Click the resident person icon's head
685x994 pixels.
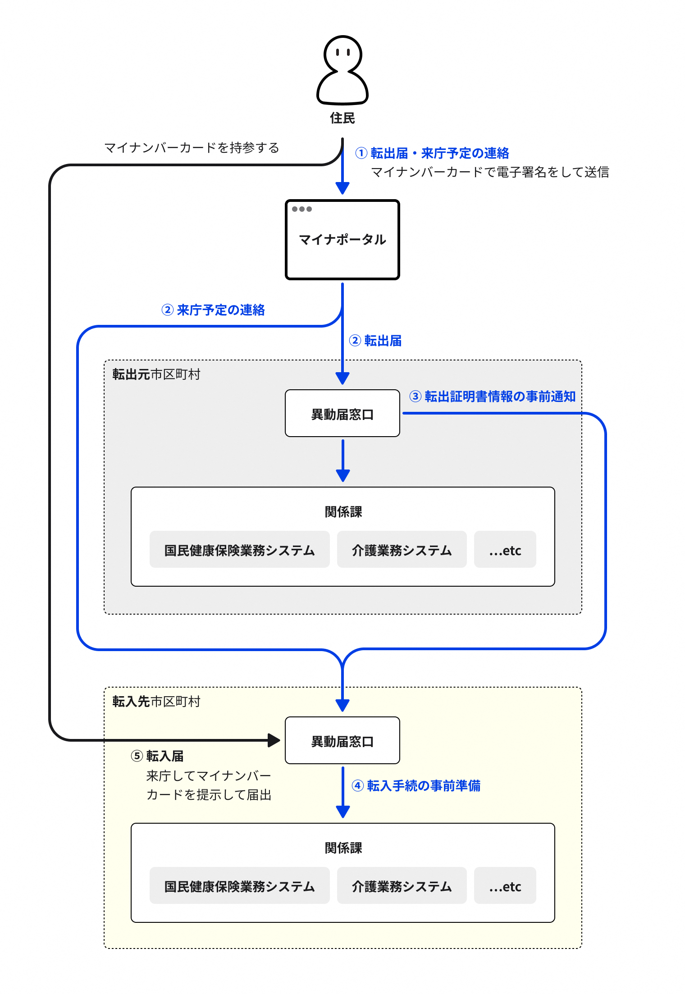(342, 53)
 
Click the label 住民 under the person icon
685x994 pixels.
(342, 118)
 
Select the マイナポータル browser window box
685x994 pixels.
(342, 240)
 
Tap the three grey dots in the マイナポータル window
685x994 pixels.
(301, 209)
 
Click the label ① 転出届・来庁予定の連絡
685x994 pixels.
(432, 153)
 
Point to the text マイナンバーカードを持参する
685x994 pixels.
(192, 148)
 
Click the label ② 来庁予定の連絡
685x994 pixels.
(213, 310)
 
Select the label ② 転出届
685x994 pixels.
(375, 341)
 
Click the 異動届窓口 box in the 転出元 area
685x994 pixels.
(342, 414)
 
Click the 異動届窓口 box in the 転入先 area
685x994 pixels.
(342, 741)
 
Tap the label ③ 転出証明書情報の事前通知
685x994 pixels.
(493, 397)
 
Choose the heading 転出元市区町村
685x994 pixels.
(156, 374)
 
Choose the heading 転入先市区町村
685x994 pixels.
(156, 702)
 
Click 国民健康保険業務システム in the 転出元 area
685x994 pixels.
(239, 550)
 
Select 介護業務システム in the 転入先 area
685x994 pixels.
(402, 886)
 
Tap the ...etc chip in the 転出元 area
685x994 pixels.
(505, 550)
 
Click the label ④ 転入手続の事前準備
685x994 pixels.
(416, 786)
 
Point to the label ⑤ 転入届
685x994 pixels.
(157, 756)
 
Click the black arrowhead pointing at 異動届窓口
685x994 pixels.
(274, 740)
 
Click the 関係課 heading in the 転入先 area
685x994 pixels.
(343, 848)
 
